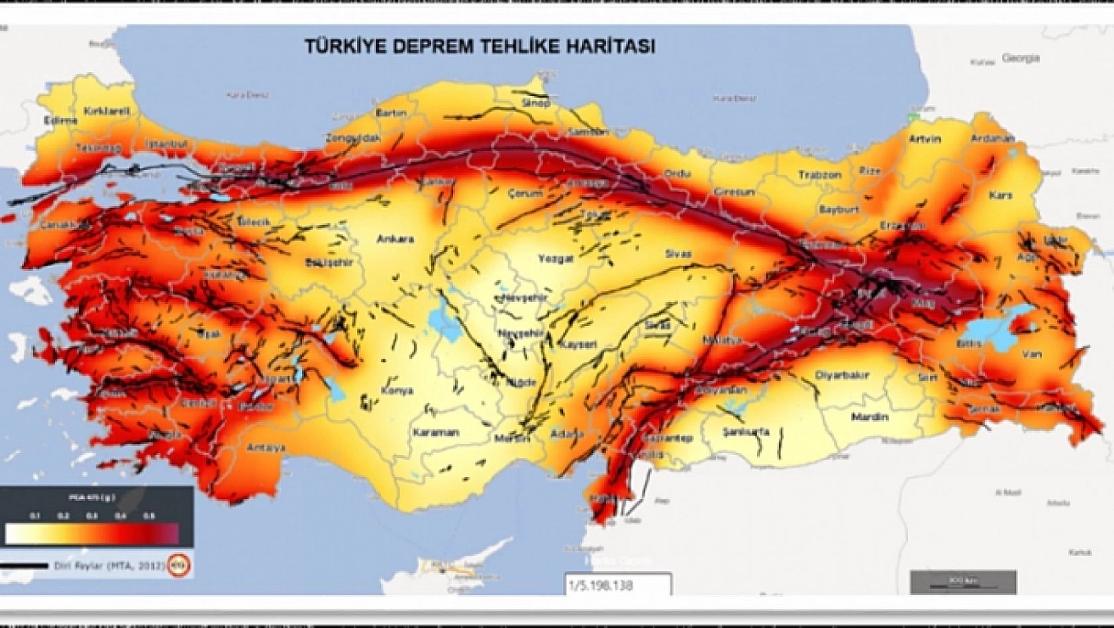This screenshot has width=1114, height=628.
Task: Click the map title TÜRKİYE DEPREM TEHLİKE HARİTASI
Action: [480, 46]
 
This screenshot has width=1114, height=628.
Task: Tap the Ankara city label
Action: [395, 239]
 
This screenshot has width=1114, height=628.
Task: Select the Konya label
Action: [397, 391]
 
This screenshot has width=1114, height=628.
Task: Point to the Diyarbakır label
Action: [842, 375]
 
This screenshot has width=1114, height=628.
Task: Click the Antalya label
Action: [266, 448]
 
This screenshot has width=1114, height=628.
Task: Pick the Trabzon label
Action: [819, 175]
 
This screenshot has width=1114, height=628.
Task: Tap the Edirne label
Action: [60, 121]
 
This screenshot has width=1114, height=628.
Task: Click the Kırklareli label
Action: [107, 111]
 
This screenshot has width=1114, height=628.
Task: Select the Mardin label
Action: [870, 417]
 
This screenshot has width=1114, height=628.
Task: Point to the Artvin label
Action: [925, 139]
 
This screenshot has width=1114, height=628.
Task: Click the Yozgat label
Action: [555, 258]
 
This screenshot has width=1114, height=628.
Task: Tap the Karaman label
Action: [435, 433]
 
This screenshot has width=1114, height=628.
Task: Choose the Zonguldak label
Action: [353, 138]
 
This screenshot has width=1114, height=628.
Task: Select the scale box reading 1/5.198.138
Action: [617, 585]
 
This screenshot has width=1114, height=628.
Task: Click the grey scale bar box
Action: [963, 582]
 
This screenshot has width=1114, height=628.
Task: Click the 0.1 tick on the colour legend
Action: [34, 515]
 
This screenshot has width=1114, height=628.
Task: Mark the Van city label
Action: [1031, 354]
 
